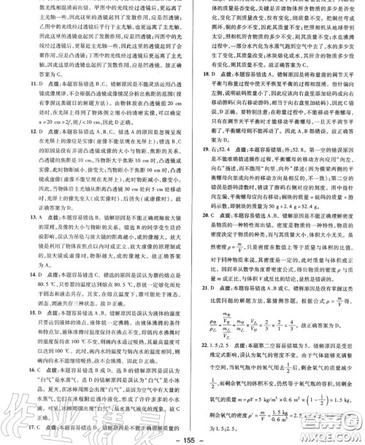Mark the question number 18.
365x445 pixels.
pos(188,93)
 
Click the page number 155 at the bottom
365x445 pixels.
pos(182,436)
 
